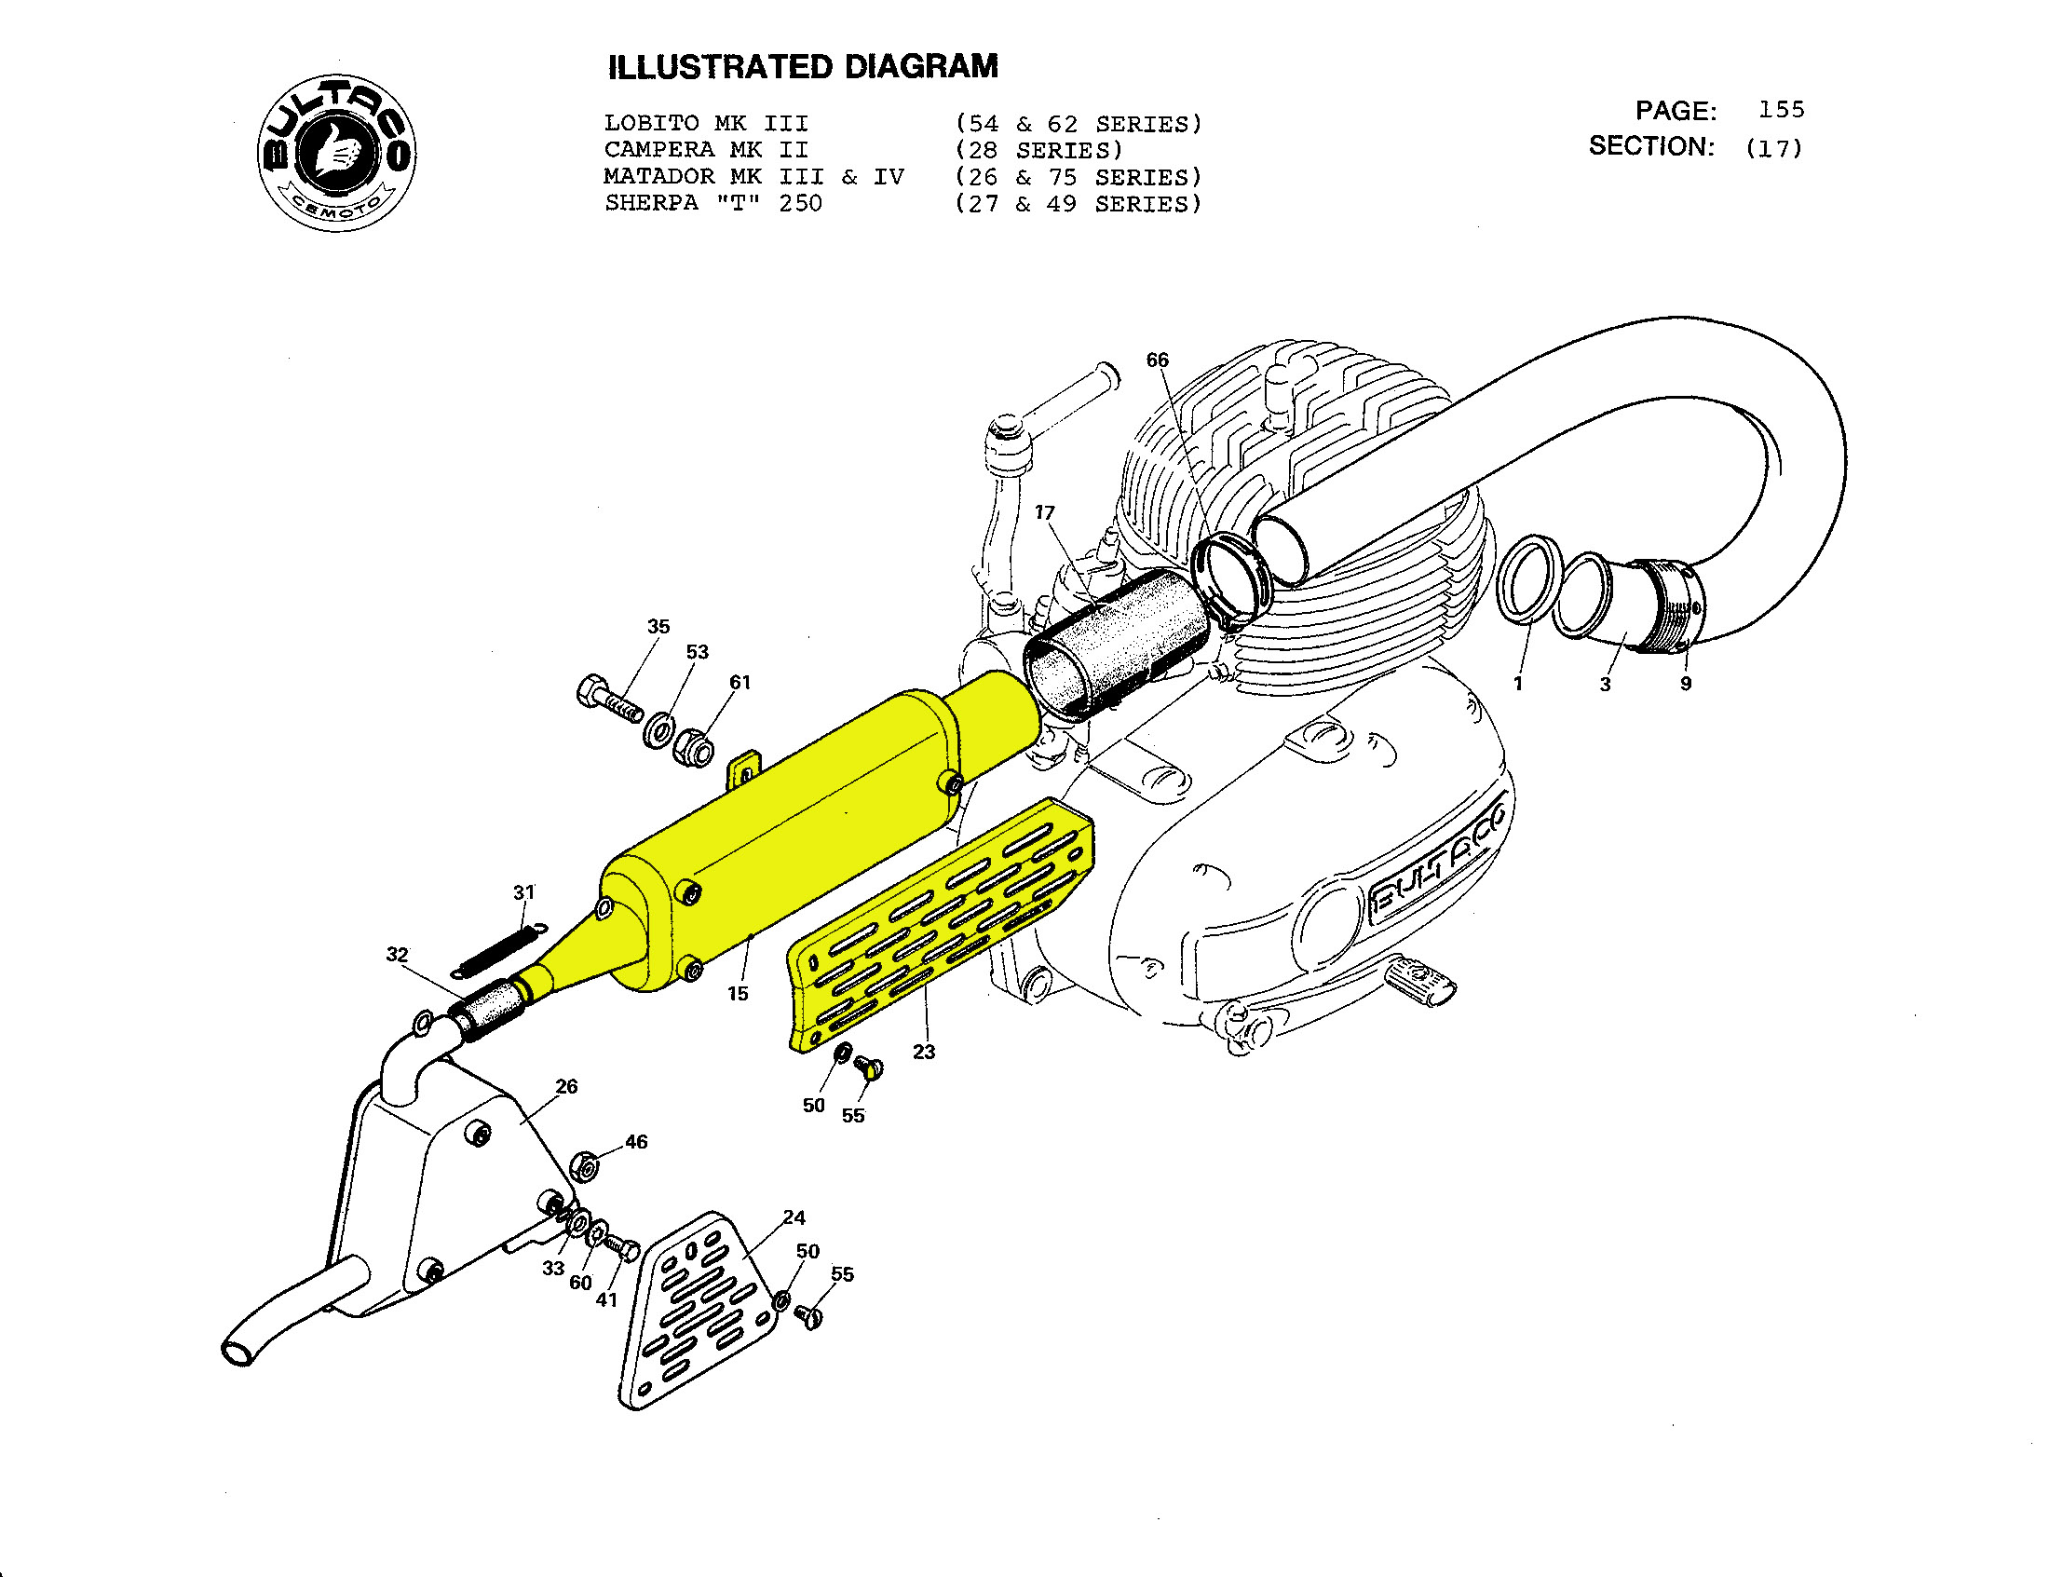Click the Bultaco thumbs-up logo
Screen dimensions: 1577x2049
pos(337,153)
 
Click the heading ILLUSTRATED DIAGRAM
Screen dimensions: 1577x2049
pos(803,67)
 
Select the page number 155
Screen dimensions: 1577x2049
pos(1781,110)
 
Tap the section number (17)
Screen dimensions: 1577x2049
pos(1773,148)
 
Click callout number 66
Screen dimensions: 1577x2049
pos(1158,360)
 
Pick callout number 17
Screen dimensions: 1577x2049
pos(1044,512)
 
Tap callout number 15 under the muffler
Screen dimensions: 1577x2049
pos(738,994)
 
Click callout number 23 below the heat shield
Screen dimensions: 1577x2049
pos(924,1052)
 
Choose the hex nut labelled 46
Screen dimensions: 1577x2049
pos(586,1166)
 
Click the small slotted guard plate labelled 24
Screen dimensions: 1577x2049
pos(699,1313)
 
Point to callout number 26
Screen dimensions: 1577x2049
pos(566,1086)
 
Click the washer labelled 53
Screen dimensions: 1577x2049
pos(658,729)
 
